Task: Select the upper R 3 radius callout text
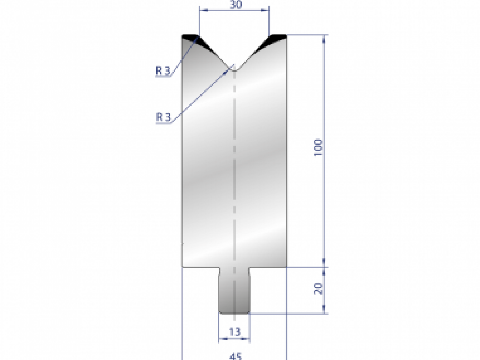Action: [163, 71]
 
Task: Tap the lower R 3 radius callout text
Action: [163, 117]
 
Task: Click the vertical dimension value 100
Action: [318, 148]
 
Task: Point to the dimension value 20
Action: [318, 289]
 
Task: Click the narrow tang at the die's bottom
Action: [234, 292]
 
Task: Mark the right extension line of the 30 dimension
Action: [269, 20]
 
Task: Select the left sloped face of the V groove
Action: [214, 52]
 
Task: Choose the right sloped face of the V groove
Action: [255, 52]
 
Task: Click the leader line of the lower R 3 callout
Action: [200, 96]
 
